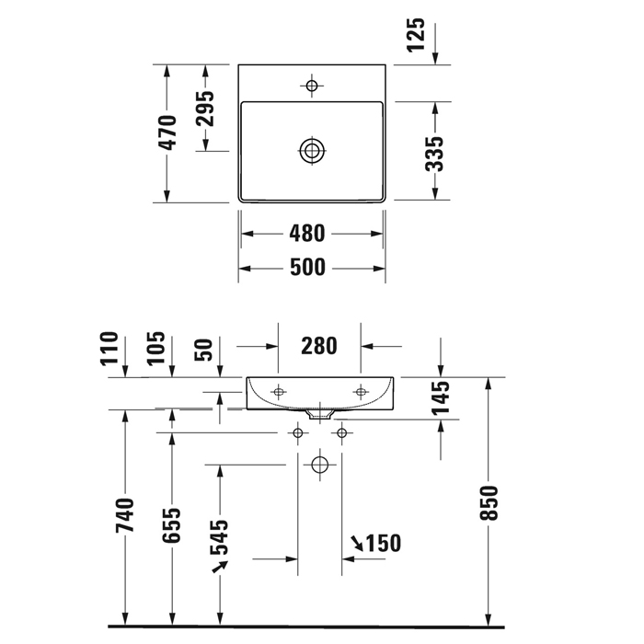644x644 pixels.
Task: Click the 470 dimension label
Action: [167, 132]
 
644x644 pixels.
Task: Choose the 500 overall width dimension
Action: [311, 267]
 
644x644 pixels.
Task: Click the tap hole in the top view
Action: [312, 86]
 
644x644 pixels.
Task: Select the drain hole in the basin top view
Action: [312, 151]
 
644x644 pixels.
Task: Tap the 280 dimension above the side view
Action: [319, 347]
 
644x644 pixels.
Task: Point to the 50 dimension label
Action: [206, 350]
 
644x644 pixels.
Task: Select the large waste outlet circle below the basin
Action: [319, 465]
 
